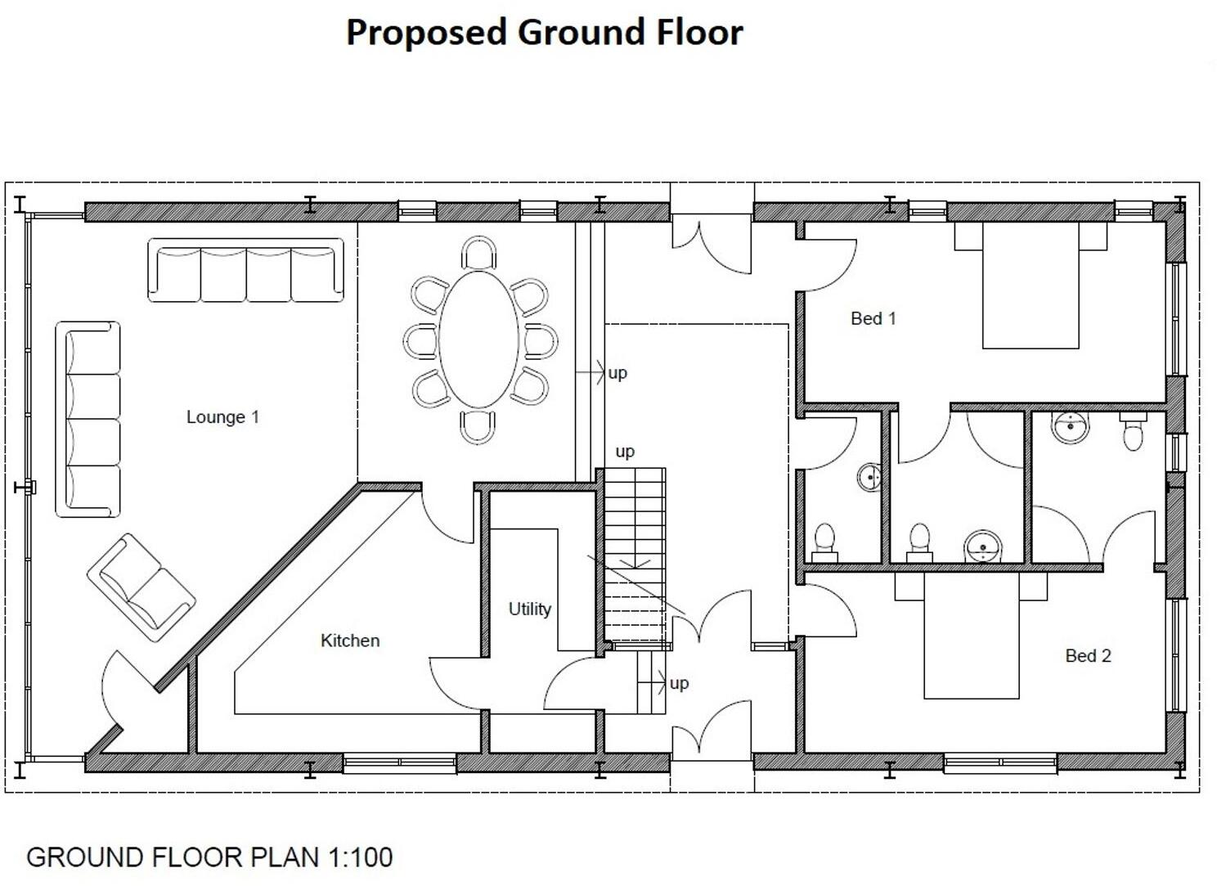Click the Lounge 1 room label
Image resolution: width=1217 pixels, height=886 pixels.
(222, 417)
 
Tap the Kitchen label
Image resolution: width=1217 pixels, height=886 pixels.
(349, 641)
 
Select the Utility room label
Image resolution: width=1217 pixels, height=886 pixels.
(529, 609)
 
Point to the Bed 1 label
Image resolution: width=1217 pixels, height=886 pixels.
(873, 318)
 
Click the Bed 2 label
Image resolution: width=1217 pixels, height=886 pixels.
(1088, 655)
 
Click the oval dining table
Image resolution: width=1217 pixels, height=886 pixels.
(479, 340)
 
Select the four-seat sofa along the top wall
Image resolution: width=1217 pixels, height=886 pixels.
(245, 270)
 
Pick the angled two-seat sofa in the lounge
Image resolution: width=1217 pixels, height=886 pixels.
(141, 587)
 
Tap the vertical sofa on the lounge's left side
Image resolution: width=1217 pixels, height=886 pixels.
(88, 419)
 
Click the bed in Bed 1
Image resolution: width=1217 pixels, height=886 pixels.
(1031, 286)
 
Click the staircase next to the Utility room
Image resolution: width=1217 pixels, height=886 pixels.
(635, 556)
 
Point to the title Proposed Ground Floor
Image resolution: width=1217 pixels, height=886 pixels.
(544, 33)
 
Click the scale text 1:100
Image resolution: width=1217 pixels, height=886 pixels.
(360, 857)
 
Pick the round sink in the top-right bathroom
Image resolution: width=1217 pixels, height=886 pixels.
(1070, 427)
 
